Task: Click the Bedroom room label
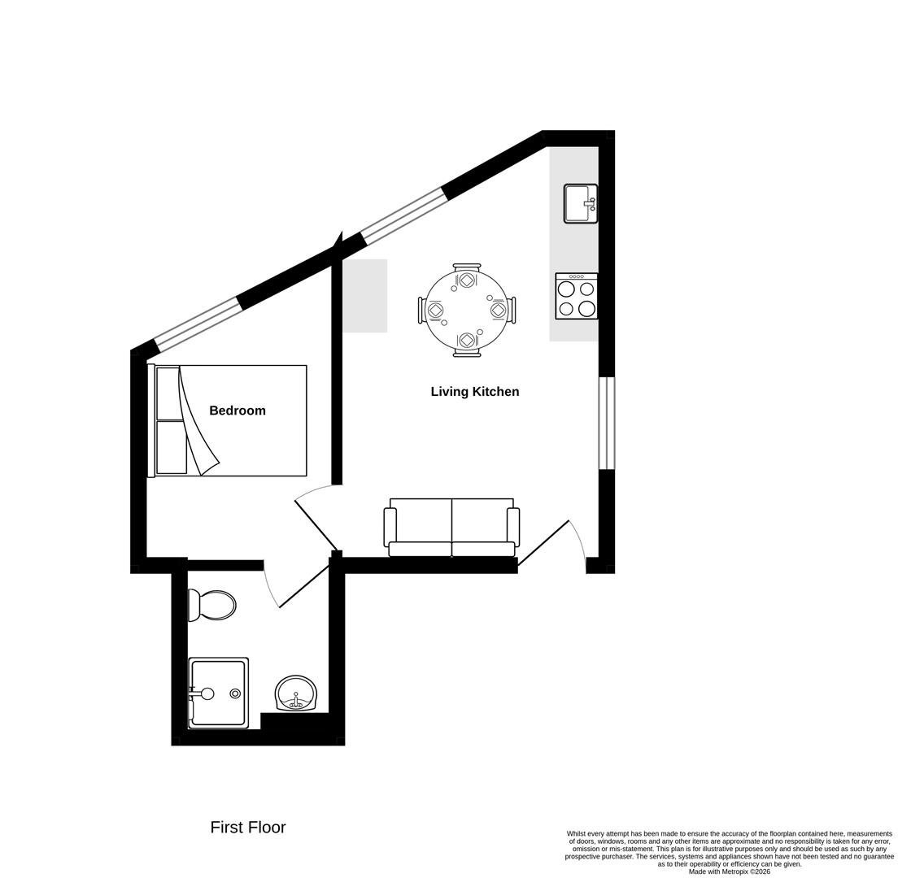click(238, 411)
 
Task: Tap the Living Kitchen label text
click(474, 392)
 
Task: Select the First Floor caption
click(248, 827)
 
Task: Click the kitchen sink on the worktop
click(580, 203)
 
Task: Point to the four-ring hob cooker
click(577, 297)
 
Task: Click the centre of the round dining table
click(467, 310)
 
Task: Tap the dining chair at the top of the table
click(467, 275)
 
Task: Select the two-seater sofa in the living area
click(451, 527)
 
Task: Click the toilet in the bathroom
click(213, 605)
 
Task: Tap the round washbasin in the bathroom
click(295, 693)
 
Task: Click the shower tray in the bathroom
click(218, 693)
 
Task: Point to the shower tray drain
click(235, 693)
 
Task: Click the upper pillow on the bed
click(170, 393)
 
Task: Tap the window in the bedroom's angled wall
click(198, 324)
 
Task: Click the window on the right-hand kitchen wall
click(607, 423)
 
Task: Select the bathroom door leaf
click(303, 586)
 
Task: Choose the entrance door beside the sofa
click(543, 543)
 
